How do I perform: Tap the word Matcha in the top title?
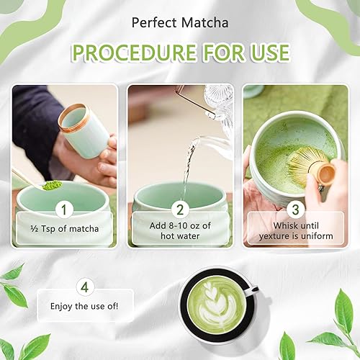[204, 23]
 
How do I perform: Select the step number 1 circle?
[64, 210]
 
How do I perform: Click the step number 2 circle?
[180, 210]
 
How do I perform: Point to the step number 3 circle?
[296, 209]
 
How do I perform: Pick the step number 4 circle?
[85, 287]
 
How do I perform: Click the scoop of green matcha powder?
[52, 185]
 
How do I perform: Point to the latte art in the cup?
[217, 305]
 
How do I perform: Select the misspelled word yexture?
[274, 236]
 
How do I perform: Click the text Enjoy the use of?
[84, 307]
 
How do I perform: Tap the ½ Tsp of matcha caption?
[65, 229]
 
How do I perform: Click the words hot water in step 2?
[180, 236]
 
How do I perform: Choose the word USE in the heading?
[271, 53]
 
